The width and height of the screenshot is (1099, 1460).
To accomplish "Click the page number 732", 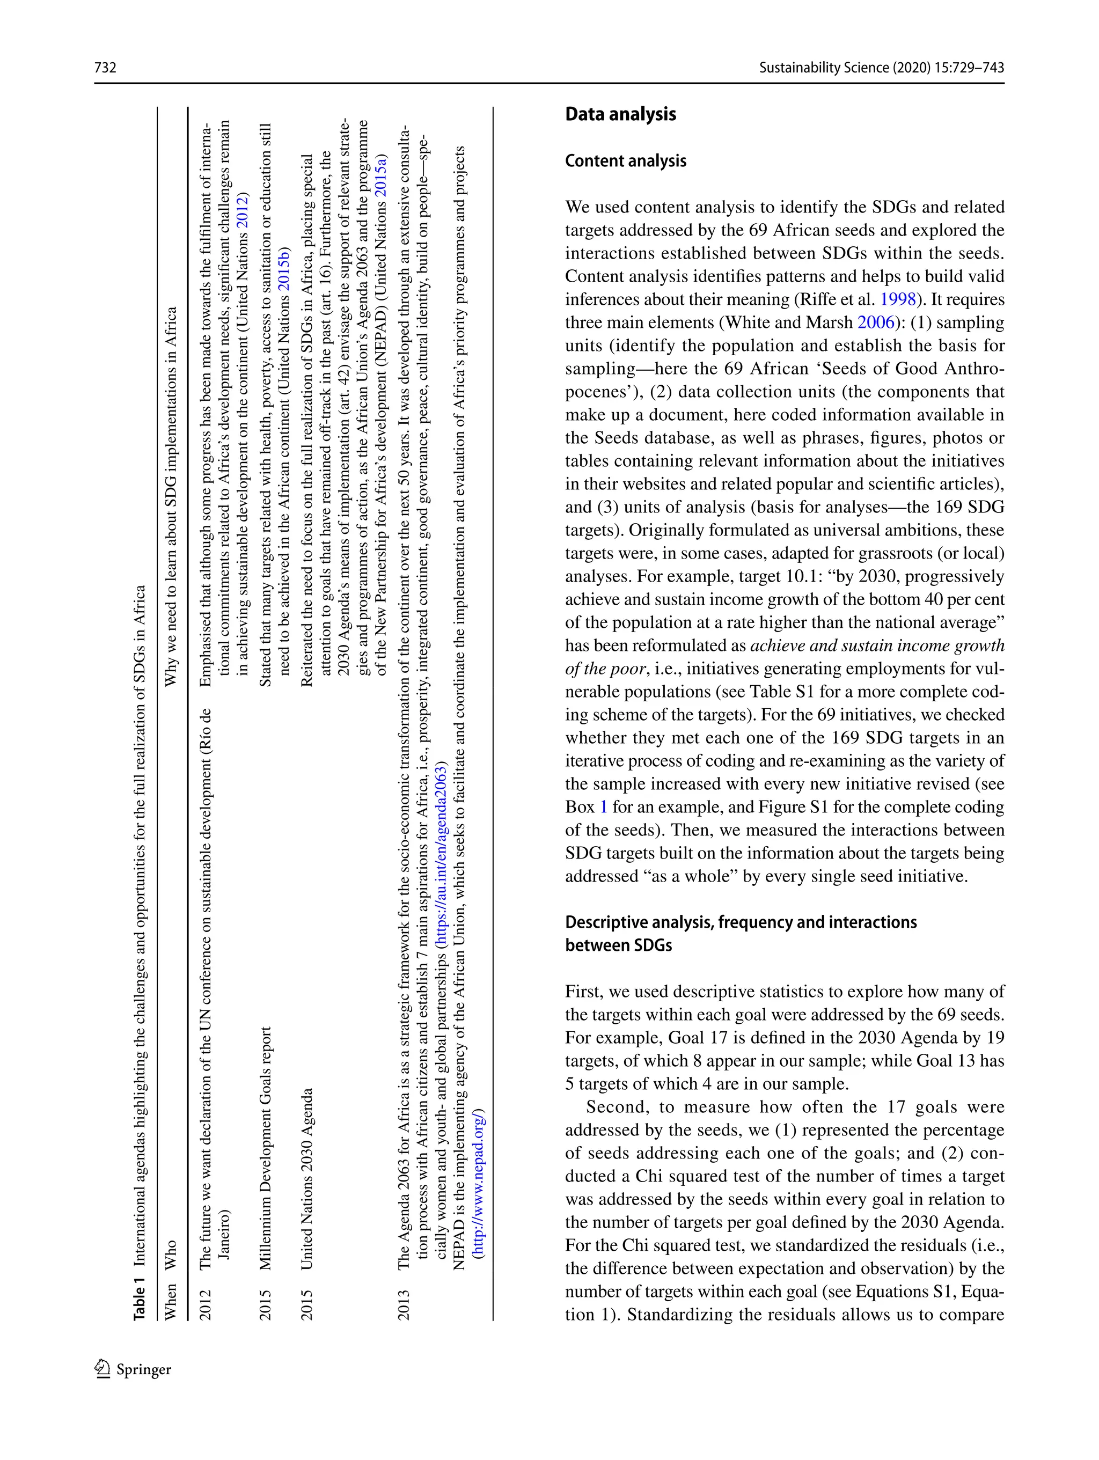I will (106, 67).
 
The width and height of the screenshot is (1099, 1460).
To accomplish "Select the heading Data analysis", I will (620, 114).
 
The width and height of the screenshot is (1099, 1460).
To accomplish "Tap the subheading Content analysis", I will (625, 161).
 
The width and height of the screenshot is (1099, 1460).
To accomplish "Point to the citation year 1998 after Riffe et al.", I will (898, 299).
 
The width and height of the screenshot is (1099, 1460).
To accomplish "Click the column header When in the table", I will (170, 1300).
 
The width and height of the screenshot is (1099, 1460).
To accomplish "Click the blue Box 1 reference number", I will (603, 807).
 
